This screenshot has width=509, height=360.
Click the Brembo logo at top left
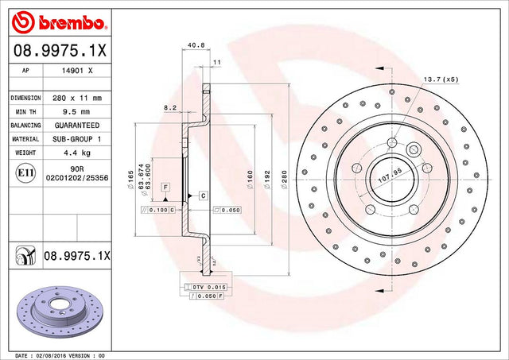(59, 22)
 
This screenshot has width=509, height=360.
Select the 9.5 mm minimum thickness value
(76, 112)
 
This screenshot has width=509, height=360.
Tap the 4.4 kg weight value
(76, 153)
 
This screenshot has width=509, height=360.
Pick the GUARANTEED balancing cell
(77, 126)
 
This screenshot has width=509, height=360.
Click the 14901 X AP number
(77, 71)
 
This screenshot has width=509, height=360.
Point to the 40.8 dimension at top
(196, 45)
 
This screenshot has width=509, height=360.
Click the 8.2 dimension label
(170, 108)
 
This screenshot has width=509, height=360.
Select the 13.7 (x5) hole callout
(441, 79)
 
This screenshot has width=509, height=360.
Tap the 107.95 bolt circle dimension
(390, 176)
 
